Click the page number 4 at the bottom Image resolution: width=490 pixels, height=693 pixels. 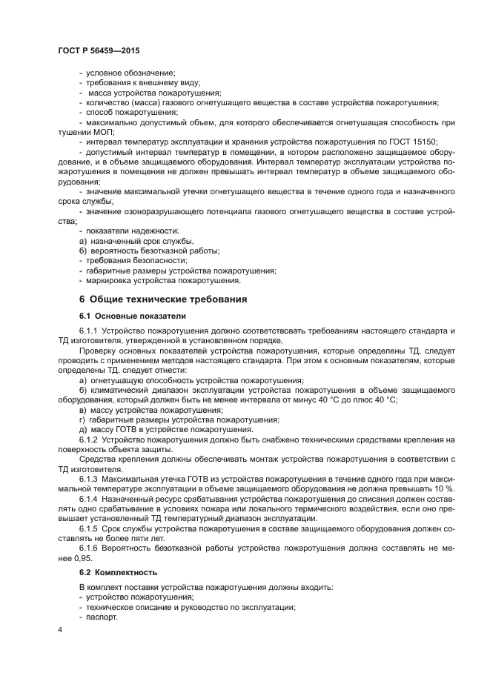pos(59,629)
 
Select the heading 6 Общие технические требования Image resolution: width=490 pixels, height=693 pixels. pos(158,299)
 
